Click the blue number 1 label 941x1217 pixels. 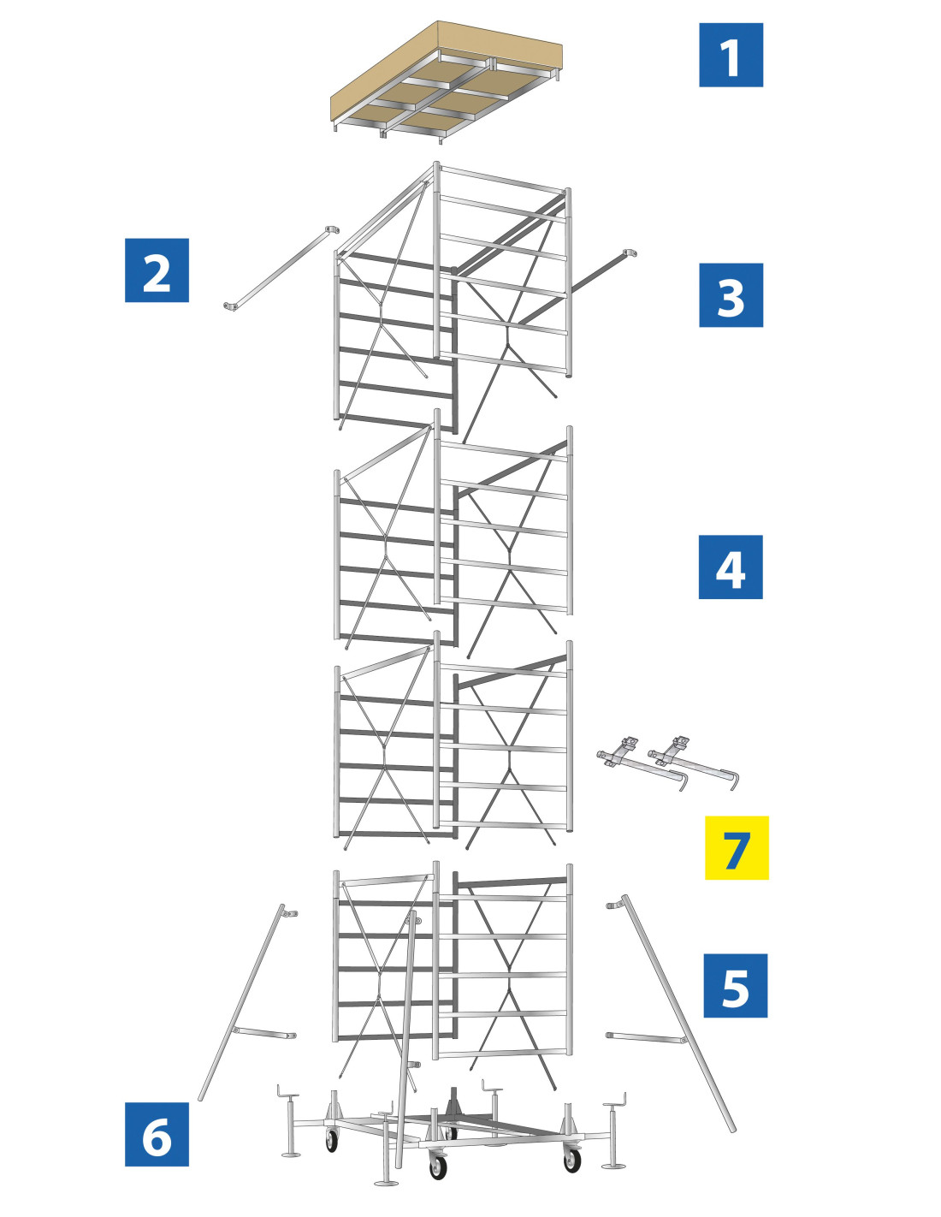(731, 55)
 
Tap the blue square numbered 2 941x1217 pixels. (157, 270)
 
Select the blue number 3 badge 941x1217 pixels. (731, 295)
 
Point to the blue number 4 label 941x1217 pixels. (730, 567)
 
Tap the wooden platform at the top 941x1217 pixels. (447, 82)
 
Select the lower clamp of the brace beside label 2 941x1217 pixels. (230, 306)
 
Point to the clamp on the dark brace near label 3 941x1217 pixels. (630, 254)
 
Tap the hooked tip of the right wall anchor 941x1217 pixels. (734, 782)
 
